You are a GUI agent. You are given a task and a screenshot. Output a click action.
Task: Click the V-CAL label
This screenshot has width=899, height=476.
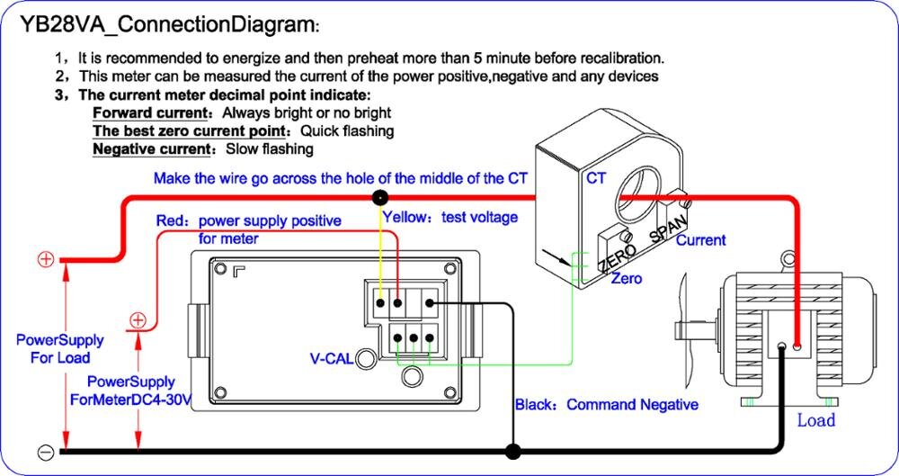[331, 359]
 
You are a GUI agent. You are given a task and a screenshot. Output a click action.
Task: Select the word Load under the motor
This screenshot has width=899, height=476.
[815, 420]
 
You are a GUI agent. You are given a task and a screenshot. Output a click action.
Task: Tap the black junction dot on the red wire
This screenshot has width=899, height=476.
[381, 197]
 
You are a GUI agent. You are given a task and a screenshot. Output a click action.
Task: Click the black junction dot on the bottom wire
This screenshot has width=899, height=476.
[513, 450]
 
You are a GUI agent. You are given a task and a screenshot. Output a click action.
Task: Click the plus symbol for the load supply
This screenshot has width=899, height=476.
[45, 260]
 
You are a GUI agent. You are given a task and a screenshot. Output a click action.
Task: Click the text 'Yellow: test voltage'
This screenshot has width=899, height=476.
[450, 217]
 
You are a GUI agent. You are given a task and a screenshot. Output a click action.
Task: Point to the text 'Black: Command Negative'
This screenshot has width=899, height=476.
[606, 405]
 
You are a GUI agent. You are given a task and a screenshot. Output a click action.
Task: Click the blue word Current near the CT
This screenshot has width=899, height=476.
[700, 240]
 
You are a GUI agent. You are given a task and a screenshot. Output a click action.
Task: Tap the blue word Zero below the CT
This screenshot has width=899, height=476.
[627, 279]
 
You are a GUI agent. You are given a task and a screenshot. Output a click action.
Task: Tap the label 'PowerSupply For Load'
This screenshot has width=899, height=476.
[60, 349]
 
